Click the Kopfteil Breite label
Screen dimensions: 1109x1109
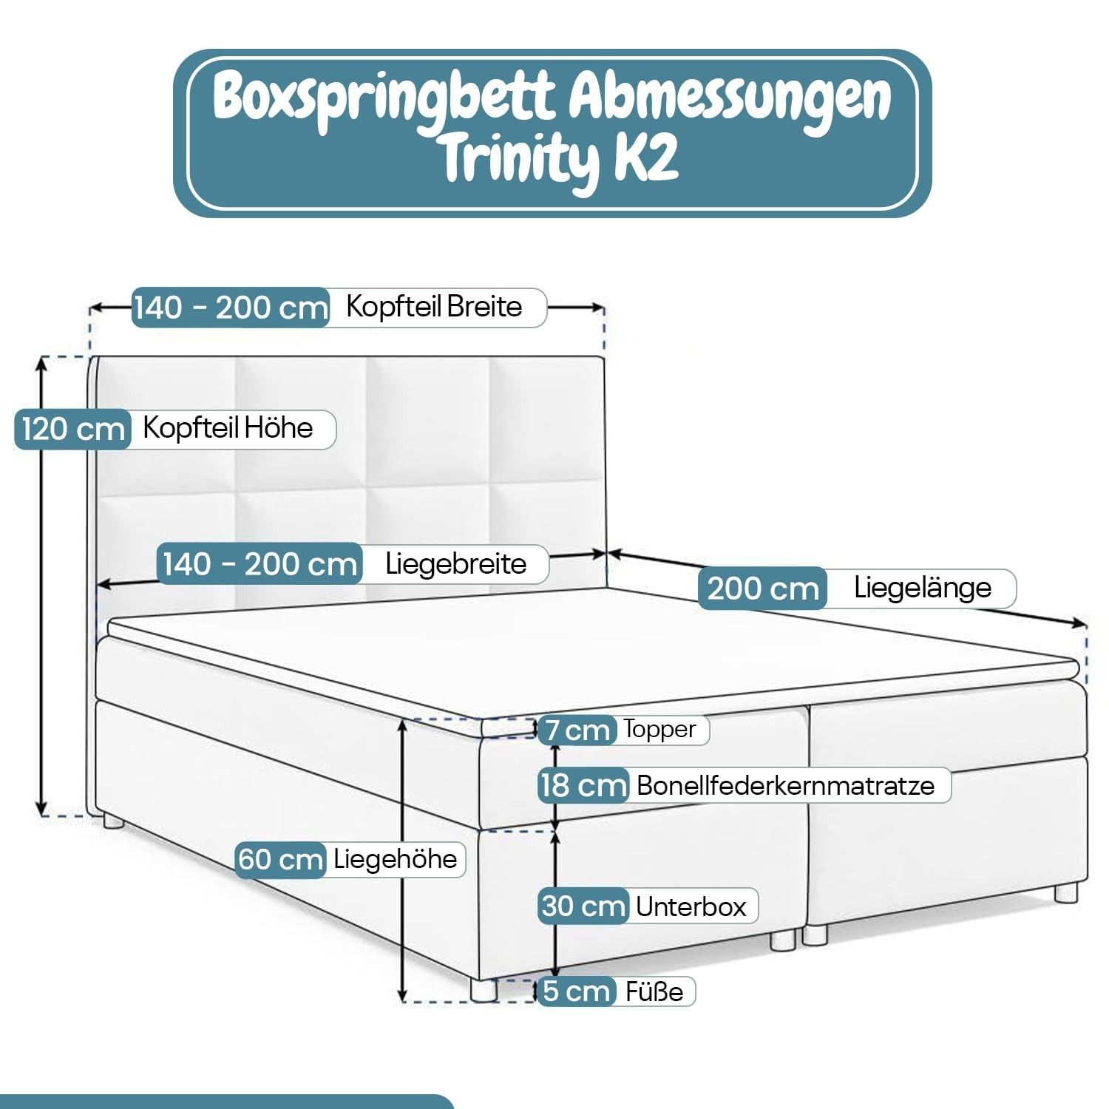[434, 306]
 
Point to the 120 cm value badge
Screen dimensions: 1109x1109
[72, 429]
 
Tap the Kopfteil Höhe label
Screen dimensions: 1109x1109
[228, 428]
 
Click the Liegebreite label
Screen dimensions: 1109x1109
[456, 564]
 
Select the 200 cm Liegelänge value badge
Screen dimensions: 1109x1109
[762, 589]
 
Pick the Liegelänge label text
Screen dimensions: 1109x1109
[923, 588]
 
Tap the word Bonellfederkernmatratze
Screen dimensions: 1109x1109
[785, 785]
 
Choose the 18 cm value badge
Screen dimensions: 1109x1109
[583, 785]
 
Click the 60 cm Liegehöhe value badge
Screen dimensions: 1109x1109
[281, 860]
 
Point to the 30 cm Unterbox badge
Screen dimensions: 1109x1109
[583, 906]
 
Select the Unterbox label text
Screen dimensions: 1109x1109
[691, 906]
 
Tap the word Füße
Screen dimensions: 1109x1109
[654, 991]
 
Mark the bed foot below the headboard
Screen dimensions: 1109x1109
[113, 820]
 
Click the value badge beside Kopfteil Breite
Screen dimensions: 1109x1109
[231, 307]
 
